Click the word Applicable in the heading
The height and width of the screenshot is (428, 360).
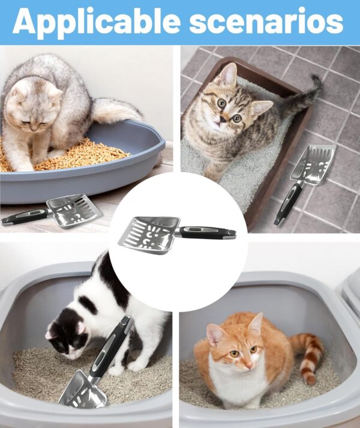tap(96, 22)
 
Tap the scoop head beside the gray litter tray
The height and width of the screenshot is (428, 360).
tap(72, 209)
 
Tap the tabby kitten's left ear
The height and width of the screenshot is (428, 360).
tap(229, 74)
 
